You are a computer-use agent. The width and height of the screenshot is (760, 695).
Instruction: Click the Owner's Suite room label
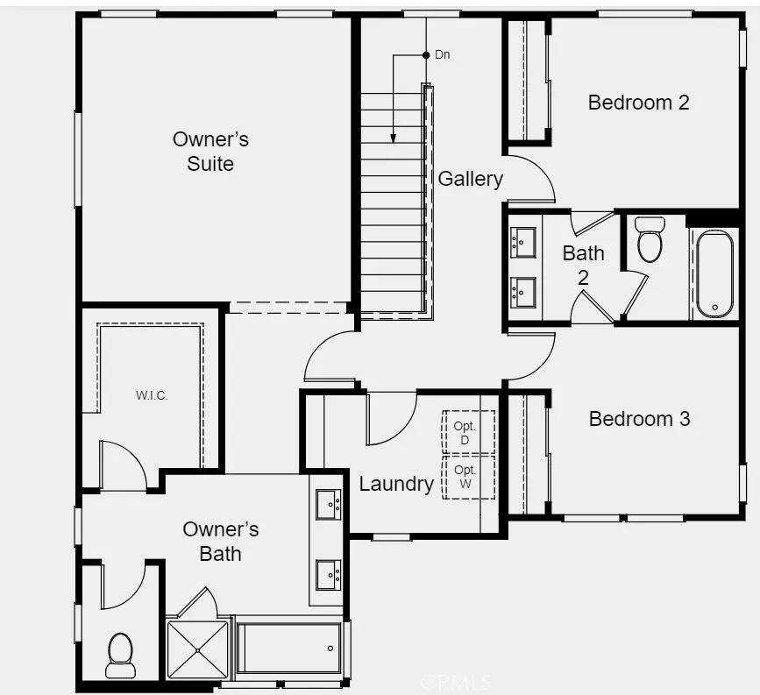(211, 152)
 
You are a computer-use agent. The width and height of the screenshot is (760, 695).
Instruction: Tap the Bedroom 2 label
(638, 103)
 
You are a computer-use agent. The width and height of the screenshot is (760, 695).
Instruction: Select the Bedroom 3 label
(639, 419)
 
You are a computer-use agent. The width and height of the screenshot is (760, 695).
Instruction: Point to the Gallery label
(470, 179)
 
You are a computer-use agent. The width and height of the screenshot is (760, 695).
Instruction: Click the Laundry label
(396, 484)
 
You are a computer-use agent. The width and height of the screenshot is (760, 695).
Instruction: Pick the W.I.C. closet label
(152, 395)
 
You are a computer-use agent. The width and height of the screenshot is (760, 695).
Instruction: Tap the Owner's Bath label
(221, 542)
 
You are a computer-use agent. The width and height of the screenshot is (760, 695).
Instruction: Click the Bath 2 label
(584, 265)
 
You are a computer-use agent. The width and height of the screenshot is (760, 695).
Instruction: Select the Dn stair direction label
(443, 54)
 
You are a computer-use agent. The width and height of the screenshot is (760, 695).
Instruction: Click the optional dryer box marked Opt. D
(469, 432)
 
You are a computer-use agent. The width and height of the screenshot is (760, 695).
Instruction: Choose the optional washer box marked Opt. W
(469, 478)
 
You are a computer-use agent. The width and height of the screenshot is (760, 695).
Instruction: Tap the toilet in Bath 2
(650, 239)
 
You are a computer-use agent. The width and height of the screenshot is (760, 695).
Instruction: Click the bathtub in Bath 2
(715, 273)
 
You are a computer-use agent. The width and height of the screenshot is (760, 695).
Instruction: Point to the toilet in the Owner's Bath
(120, 656)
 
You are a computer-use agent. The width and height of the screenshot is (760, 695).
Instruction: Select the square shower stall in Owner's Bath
(197, 649)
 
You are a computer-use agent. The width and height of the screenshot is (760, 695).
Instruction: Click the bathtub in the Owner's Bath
(289, 648)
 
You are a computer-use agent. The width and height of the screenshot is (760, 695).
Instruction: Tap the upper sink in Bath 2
(523, 242)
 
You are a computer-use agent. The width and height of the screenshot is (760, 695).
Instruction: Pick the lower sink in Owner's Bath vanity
(328, 575)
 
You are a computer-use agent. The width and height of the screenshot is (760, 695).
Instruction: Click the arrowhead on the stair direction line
(393, 138)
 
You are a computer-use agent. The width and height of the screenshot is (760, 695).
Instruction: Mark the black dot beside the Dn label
(426, 55)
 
